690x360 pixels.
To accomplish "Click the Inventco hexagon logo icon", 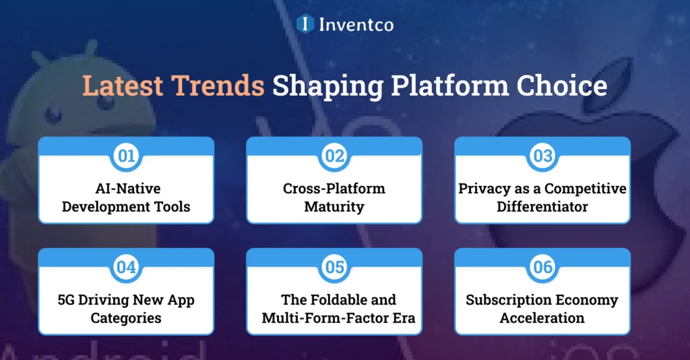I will click(x=306, y=24).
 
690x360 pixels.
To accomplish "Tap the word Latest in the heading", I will click(x=123, y=87).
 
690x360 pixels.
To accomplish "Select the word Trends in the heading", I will click(x=218, y=87).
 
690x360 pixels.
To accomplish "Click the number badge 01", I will click(x=126, y=156).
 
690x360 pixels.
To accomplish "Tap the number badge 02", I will click(x=334, y=156).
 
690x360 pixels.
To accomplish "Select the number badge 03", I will click(x=542, y=156).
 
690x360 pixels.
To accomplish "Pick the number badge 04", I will click(x=126, y=268).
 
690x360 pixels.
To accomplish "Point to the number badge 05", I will click(x=334, y=268).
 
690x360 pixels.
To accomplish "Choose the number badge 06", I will click(x=542, y=268).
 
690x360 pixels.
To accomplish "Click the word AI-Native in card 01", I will click(x=127, y=189).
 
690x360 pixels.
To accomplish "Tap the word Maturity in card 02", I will click(x=334, y=206).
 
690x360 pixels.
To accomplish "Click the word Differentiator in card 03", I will click(x=542, y=206).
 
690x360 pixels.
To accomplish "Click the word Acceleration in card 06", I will click(x=542, y=318).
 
